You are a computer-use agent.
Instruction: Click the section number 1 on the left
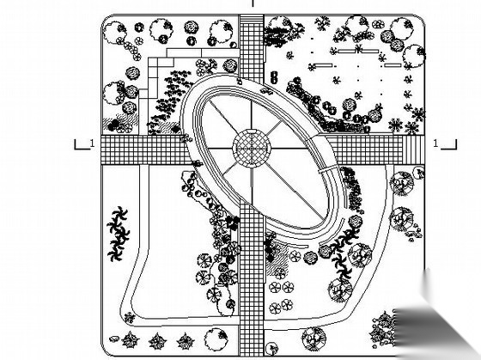[x=92, y=143]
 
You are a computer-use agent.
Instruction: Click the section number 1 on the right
[x=436, y=143]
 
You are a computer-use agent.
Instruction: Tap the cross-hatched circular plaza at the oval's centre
[x=252, y=149]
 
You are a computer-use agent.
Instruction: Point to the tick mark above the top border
[x=253, y=3]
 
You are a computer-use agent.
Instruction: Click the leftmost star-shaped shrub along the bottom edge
[x=130, y=340]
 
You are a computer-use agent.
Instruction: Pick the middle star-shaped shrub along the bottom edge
[x=158, y=341]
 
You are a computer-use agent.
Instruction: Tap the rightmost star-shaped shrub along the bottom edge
[x=186, y=341]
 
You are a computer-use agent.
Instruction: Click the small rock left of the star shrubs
[x=114, y=339]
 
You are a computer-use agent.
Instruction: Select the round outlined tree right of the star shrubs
[x=216, y=339]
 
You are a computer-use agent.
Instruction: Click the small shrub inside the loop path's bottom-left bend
[x=130, y=318]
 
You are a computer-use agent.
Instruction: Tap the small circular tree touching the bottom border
[x=271, y=348]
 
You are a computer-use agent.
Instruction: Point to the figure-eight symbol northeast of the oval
[x=274, y=77]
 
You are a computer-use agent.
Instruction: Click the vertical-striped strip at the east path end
[x=413, y=149]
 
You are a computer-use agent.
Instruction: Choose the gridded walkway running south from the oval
[x=252, y=279]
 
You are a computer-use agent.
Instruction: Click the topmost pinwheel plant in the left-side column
[x=119, y=214]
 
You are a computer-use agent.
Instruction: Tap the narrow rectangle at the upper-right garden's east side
[x=393, y=65]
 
